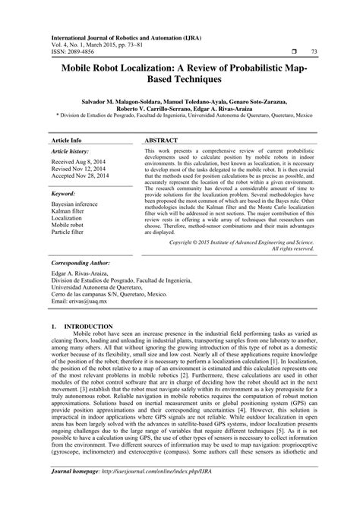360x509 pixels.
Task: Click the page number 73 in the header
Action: [314, 51]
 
